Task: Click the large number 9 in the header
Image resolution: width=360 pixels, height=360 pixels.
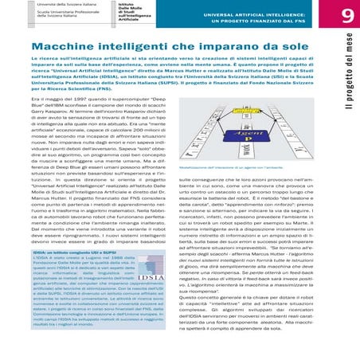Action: pos(346,17)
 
